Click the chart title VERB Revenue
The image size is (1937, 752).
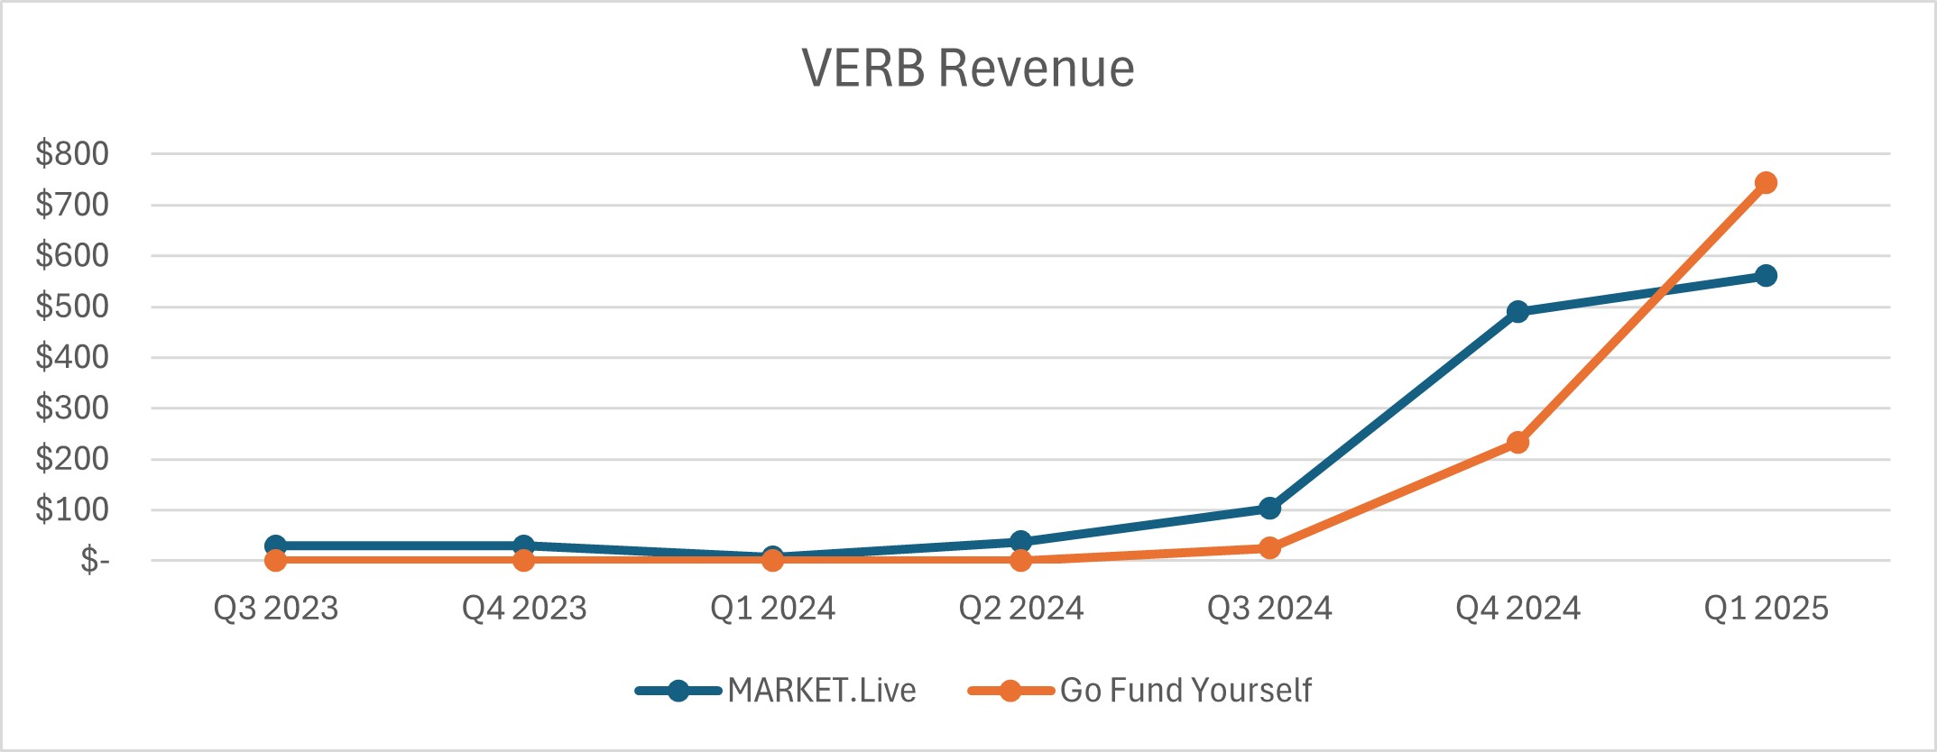tap(968, 69)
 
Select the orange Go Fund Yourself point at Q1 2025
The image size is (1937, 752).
tap(1766, 183)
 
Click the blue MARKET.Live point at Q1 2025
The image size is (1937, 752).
tap(1766, 276)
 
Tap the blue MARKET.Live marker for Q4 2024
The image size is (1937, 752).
tap(1517, 312)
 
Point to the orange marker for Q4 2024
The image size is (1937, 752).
tap(1517, 443)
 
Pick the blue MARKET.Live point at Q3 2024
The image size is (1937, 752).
tap(1269, 509)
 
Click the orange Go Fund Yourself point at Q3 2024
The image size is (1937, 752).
tap(1269, 548)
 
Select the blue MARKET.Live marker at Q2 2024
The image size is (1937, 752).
tap(1020, 541)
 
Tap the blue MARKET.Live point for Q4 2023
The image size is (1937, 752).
tap(523, 546)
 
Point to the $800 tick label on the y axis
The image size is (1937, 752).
tap(72, 154)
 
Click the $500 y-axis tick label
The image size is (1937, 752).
tap(72, 307)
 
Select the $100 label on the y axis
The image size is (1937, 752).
tap(72, 510)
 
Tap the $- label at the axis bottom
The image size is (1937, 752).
tap(94, 561)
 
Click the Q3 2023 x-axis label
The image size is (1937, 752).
tap(275, 609)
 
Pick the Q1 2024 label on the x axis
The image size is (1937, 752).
tap(772, 609)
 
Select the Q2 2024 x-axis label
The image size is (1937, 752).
tap(1020, 609)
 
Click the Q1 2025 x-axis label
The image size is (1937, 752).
tap(1766, 609)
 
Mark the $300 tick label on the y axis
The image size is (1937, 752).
tap(72, 408)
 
